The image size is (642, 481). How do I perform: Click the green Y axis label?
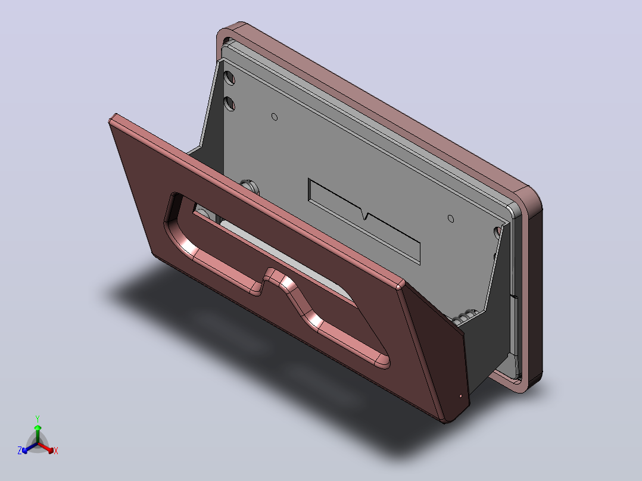(38, 419)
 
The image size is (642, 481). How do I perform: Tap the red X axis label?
(56, 451)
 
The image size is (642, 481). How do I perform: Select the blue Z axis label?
(20, 451)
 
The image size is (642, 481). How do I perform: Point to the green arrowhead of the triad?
(38, 427)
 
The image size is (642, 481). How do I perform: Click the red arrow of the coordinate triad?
(45, 447)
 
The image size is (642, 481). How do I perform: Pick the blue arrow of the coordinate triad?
(30, 448)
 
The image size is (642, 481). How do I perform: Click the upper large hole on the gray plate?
(230, 77)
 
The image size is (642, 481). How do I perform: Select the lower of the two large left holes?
(230, 104)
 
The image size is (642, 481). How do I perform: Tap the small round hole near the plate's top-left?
(275, 117)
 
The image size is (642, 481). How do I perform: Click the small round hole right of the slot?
(451, 218)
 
